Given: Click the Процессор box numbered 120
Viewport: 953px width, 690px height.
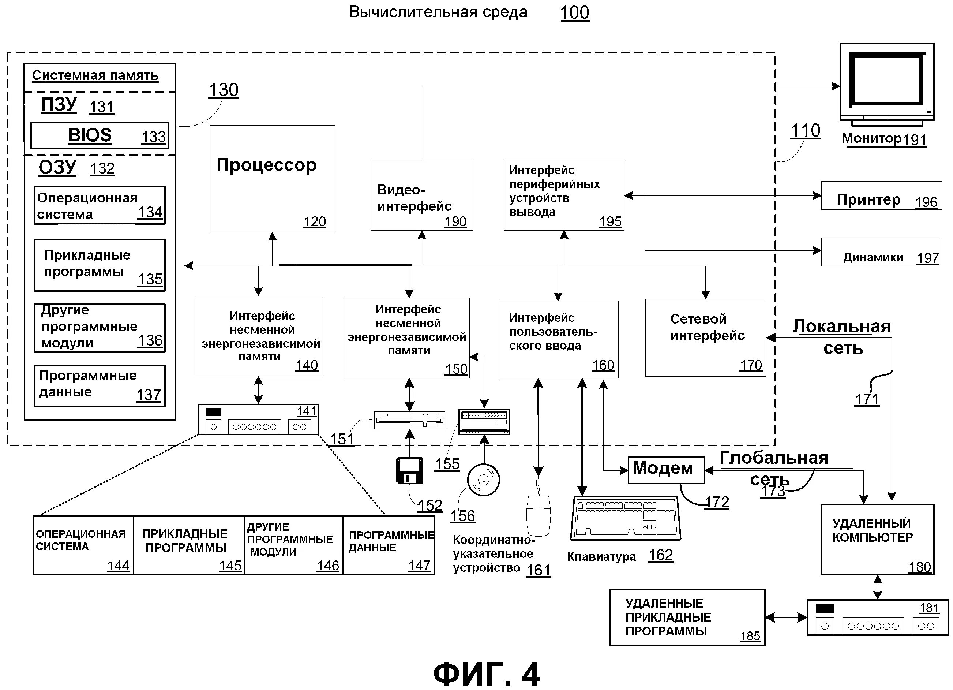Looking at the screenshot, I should click(272, 178).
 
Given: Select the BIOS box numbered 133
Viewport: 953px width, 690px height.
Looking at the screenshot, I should click(100, 135).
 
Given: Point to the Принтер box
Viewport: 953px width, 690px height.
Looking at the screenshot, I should click(881, 195).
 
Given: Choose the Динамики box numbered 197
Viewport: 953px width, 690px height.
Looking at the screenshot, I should click(881, 252).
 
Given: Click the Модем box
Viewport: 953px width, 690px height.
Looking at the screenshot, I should click(666, 470).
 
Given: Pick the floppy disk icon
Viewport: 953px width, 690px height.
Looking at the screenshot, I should click(410, 471).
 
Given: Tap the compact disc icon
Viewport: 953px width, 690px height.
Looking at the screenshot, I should click(484, 480).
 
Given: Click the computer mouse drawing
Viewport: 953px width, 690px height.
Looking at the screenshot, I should click(539, 515).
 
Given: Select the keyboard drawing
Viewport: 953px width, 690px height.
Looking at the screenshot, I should click(626, 518).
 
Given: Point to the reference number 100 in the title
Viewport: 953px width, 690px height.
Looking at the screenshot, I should click(574, 12).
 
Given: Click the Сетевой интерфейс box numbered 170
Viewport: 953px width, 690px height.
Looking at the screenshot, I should click(705, 337).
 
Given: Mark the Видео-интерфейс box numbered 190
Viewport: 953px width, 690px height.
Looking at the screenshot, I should click(421, 195).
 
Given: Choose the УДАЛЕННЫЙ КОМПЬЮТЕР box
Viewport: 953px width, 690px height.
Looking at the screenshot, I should click(877, 540).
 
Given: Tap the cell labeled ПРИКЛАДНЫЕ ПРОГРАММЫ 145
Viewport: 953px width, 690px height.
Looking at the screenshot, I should click(189, 545).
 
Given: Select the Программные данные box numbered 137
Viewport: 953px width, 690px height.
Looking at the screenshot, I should click(100, 385).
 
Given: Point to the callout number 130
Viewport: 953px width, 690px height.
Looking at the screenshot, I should click(224, 90).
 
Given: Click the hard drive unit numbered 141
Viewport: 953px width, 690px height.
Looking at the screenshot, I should click(258, 419).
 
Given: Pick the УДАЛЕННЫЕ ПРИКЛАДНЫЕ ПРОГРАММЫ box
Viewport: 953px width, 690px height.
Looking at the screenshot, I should click(687, 617).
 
